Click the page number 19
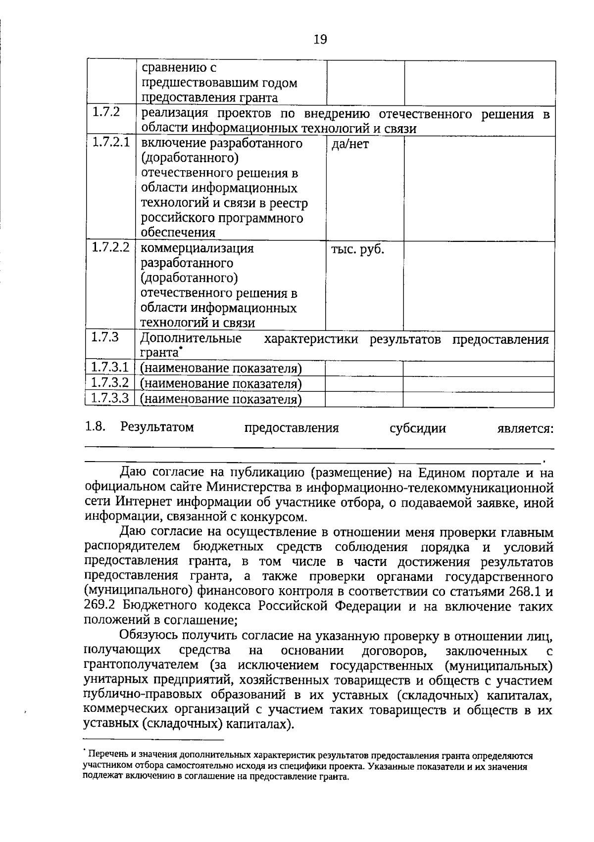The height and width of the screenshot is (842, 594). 320,40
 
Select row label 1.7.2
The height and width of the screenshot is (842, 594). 106,112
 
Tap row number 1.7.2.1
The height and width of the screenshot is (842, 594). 111,142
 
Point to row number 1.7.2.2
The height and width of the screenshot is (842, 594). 111,247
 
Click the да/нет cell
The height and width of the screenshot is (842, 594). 350,144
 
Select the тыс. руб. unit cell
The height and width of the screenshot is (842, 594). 357,250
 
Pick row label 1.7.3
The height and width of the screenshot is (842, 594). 105,337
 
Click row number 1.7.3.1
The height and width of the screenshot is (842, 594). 110,368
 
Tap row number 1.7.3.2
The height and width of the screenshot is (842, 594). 110,382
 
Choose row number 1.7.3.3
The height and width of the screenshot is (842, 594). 110,398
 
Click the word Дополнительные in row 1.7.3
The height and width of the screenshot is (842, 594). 191,339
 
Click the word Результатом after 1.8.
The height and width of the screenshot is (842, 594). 157,427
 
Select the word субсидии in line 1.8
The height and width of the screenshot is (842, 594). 418,428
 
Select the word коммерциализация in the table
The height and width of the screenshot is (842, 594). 197,248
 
